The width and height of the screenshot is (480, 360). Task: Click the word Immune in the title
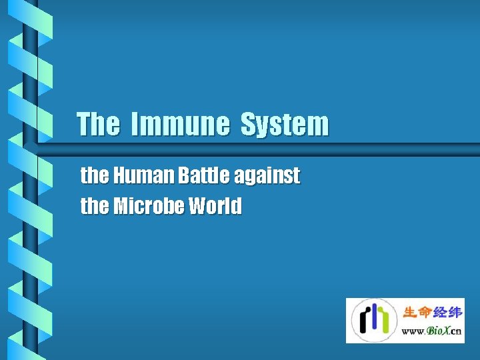(x=179, y=125)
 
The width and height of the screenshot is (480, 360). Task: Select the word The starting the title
(x=99, y=125)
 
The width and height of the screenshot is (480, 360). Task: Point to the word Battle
(x=201, y=176)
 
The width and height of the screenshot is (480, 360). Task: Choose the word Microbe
(x=147, y=207)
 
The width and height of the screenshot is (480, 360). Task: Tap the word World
(x=215, y=207)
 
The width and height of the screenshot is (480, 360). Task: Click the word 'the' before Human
(x=94, y=176)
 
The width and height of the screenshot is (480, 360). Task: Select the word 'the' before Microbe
(x=94, y=207)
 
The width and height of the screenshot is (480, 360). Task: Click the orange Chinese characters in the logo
(x=417, y=313)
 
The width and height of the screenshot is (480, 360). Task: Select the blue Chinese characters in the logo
(x=447, y=313)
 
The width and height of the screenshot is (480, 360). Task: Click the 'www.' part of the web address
(x=414, y=331)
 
